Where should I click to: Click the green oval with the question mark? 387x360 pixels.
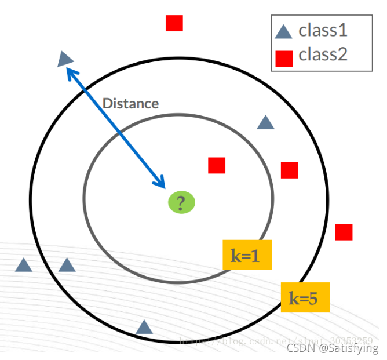(x=181, y=203)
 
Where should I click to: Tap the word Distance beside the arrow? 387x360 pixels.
(x=130, y=103)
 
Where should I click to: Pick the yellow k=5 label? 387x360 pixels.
(x=305, y=298)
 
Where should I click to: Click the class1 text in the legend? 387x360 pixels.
(x=323, y=30)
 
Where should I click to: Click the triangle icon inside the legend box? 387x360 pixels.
(x=283, y=31)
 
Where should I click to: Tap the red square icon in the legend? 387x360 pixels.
(x=284, y=58)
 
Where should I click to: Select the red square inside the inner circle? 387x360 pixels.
(x=217, y=165)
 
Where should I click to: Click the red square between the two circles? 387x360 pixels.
(x=290, y=170)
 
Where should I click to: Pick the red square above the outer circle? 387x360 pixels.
(x=174, y=23)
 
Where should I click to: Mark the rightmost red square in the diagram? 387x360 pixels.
(x=344, y=232)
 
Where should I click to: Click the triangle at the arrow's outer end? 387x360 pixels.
(x=66, y=57)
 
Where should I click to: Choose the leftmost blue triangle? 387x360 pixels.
(x=23, y=266)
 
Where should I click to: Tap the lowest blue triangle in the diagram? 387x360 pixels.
(x=144, y=327)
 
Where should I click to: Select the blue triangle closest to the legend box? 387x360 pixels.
(x=265, y=122)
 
